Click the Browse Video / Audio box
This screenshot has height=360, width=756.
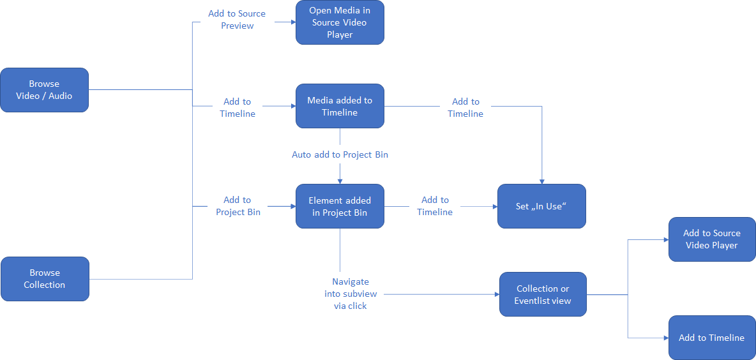(44, 90)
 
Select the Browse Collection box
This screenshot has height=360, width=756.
(45, 279)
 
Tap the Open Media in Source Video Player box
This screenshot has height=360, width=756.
(340, 22)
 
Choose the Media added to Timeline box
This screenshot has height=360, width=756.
(340, 106)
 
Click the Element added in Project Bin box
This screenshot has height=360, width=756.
(340, 206)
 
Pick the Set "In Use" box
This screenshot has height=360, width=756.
(541, 206)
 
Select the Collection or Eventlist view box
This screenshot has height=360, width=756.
(543, 294)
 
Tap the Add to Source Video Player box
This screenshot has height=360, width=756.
(711, 239)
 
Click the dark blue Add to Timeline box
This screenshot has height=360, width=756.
(711, 338)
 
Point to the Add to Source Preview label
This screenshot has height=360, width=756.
(237, 20)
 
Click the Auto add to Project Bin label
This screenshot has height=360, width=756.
(340, 154)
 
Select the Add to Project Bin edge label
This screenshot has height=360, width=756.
(238, 206)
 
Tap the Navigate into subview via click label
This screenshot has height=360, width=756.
(351, 294)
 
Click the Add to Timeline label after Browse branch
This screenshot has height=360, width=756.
(238, 107)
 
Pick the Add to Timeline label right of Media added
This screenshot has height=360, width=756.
(465, 107)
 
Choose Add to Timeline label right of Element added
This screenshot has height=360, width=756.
(435, 206)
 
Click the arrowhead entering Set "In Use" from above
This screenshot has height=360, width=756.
(542, 181)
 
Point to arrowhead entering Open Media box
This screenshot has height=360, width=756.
(292, 22)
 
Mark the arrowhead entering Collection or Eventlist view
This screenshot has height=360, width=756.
(495, 294)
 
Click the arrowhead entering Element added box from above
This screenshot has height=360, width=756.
(340, 181)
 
